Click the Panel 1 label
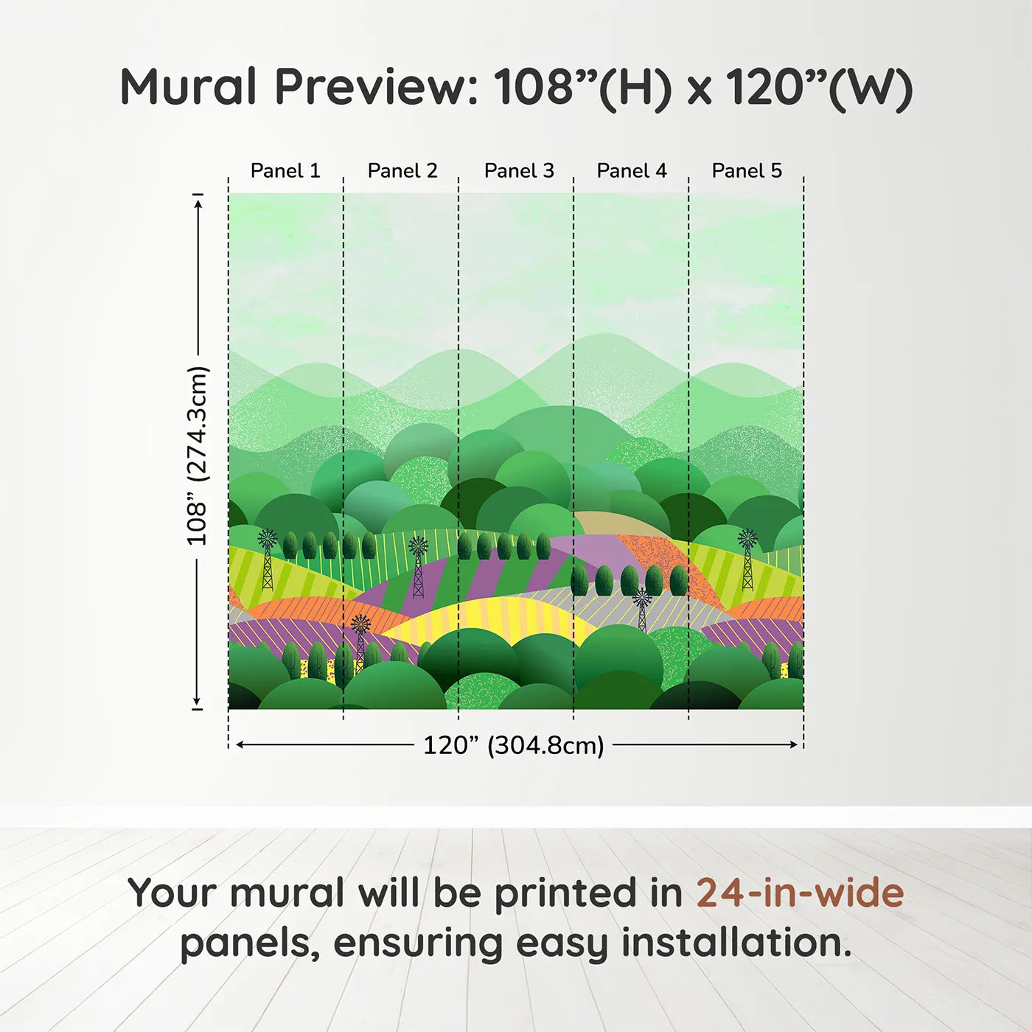[x=285, y=171]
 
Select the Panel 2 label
[x=402, y=171]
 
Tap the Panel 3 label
[x=519, y=171]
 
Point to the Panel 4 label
[x=632, y=171]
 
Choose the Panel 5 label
[x=747, y=171]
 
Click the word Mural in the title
[x=189, y=87]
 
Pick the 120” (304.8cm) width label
[x=514, y=745]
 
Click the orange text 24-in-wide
[x=800, y=892]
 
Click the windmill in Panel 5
[x=747, y=559]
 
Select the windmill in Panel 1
[x=268, y=559]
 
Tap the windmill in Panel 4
[x=641, y=610]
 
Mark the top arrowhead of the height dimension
[x=198, y=204]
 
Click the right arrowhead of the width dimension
[x=794, y=745]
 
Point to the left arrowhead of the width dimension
[x=240, y=745]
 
